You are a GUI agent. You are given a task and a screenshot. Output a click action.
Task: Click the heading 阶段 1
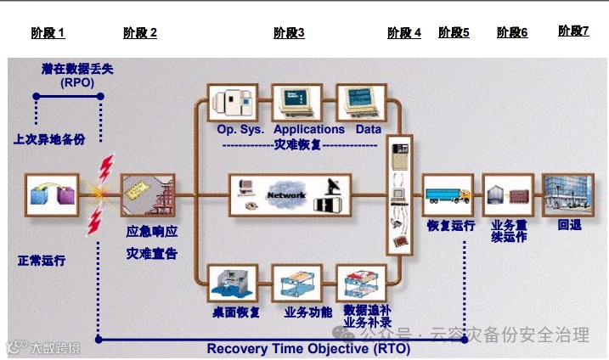(x=48, y=33)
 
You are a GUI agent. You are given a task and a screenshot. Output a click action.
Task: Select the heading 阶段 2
(x=140, y=33)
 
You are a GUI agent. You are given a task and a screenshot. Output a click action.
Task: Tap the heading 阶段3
(x=289, y=33)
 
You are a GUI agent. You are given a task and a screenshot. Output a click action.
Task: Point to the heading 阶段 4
(x=404, y=33)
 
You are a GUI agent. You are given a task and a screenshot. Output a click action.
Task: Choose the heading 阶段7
(x=573, y=31)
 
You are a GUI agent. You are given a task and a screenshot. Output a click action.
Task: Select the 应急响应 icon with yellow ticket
(x=148, y=194)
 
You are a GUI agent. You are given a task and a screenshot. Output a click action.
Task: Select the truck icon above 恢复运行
(x=448, y=194)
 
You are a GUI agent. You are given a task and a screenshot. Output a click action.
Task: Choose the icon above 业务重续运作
(x=508, y=194)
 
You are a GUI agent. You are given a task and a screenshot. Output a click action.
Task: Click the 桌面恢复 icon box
(x=234, y=284)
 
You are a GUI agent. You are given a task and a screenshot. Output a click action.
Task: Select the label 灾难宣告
(x=152, y=253)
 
